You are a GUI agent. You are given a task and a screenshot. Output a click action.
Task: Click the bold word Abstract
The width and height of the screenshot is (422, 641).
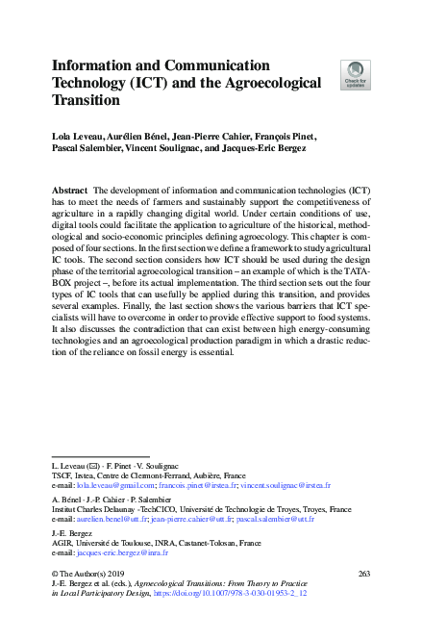[x=70, y=192]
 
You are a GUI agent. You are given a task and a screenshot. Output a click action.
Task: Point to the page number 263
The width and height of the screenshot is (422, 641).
[x=363, y=574]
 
